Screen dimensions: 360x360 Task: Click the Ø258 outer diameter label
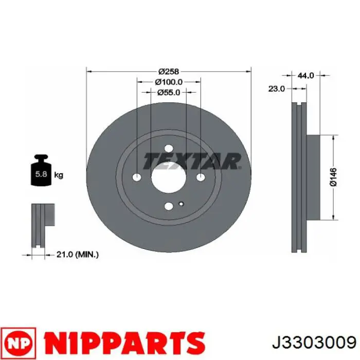tap(169, 71)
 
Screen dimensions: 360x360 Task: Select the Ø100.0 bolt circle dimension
tap(169, 82)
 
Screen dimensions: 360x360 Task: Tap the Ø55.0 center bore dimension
tap(169, 93)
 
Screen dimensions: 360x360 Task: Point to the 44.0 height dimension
tap(305, 75)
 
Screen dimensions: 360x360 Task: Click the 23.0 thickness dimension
tap(277, 88)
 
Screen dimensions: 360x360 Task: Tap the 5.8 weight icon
tap(41, 170)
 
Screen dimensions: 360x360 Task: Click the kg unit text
tap(59, 175)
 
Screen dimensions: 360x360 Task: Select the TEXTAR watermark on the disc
tap(192, 161)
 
